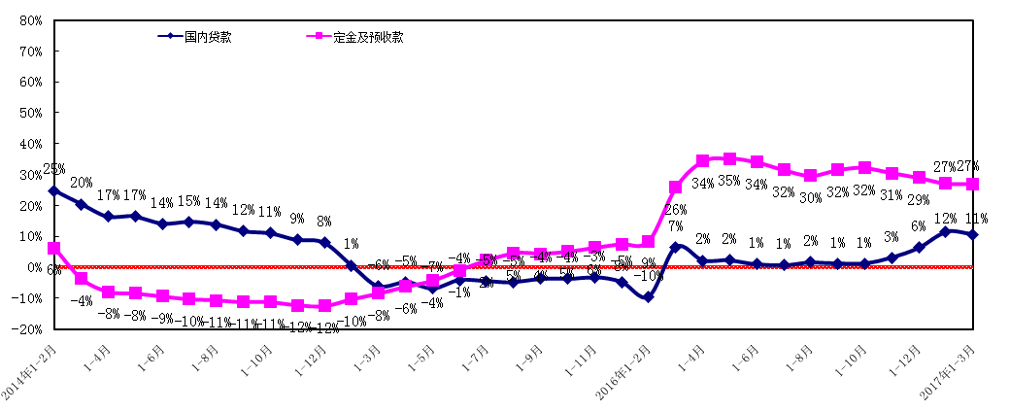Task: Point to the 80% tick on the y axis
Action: click(x=28, y=20)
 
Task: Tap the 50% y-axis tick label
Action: click(x=28, y=113)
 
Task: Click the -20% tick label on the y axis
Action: click(x=25, y=329)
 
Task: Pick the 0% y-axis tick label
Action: click(x=31, y=267)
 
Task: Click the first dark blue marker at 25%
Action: click(x=53, y=190)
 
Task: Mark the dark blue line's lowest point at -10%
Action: click(x=648, y=297)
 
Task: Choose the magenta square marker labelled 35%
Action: click(x=729, y=158)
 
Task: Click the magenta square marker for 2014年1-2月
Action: click(x=53, y=249)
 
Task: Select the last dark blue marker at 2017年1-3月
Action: click(x=973, y=234)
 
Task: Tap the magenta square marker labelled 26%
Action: click(x=675, y=187)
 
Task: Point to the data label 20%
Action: click(x=82, y=183)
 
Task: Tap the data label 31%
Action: click(x=890, y=195)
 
